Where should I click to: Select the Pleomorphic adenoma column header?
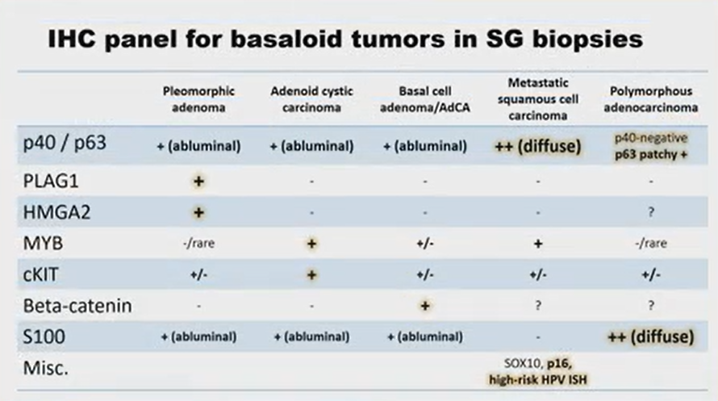pyautogui.click(x=198, y=98)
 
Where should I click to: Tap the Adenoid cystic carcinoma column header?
pyautogui.click(x=311, y=98)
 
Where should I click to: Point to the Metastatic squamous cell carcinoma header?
pyautogui.click(x=536, y=98)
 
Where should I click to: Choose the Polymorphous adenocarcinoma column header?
pyautogui.click(x=650, y=98)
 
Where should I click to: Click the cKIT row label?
pyautogui.click(x=43, y=274)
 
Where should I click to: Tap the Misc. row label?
pyautogui.click(x=45, y=367)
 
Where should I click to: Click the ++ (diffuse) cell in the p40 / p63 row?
pyautogui.click(x=536, y=146)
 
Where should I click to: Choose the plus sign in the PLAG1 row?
pyautogui.click(x=198, y=181)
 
